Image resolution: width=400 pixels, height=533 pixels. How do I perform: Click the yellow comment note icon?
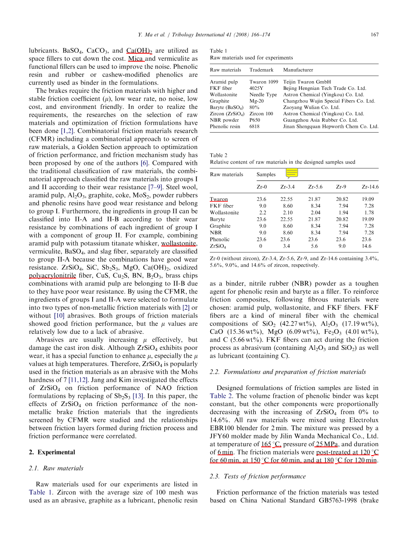coord(292,173)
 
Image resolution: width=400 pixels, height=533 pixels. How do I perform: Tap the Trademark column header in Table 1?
coord(261,70)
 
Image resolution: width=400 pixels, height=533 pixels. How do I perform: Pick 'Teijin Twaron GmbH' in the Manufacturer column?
coord(307,82)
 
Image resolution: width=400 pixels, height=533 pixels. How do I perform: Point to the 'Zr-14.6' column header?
coord(370,187)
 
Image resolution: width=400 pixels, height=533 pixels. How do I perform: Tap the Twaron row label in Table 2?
coord(219,200)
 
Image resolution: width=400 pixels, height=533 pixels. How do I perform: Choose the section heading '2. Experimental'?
coord(51,452)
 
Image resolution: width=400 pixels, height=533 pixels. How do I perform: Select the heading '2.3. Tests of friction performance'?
coord(257,476)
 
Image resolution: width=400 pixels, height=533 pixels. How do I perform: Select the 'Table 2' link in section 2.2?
coord(221,396)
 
